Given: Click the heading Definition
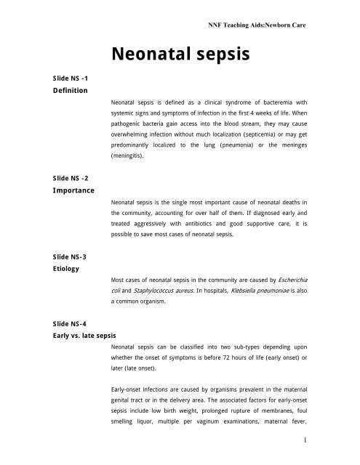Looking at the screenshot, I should [x=44, y=90].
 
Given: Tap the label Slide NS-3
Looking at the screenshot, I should [x=43, y=255].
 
